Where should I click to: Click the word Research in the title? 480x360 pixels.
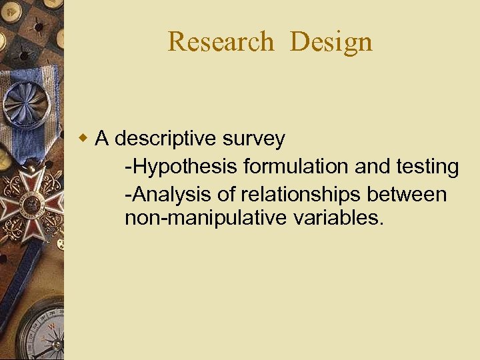(221, 42)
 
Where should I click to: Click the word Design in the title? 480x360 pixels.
(331, 42)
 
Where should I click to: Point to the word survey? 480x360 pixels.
(254, 139)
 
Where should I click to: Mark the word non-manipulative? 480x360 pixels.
(205, 218)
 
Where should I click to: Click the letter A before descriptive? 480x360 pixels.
(102, 139)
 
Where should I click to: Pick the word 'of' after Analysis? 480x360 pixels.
(227, 195)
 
